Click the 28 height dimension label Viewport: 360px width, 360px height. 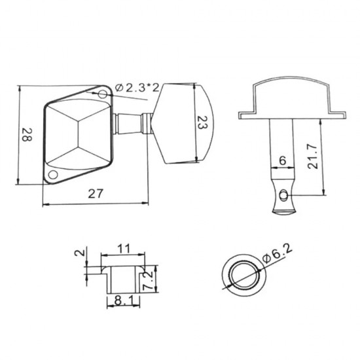[27, 136]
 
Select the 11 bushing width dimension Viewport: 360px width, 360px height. [124, 249]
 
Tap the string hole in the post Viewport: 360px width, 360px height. [283, 194]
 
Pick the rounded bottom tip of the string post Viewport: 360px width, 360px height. [283, 209]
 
